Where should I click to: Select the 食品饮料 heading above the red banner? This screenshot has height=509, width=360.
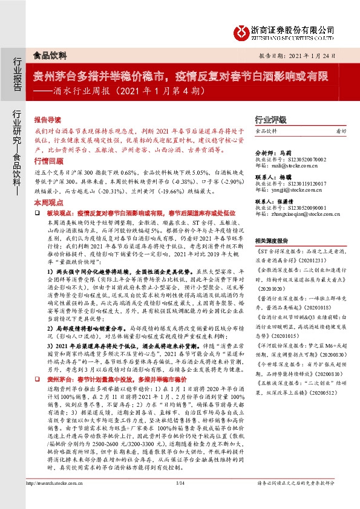(48, 55)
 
